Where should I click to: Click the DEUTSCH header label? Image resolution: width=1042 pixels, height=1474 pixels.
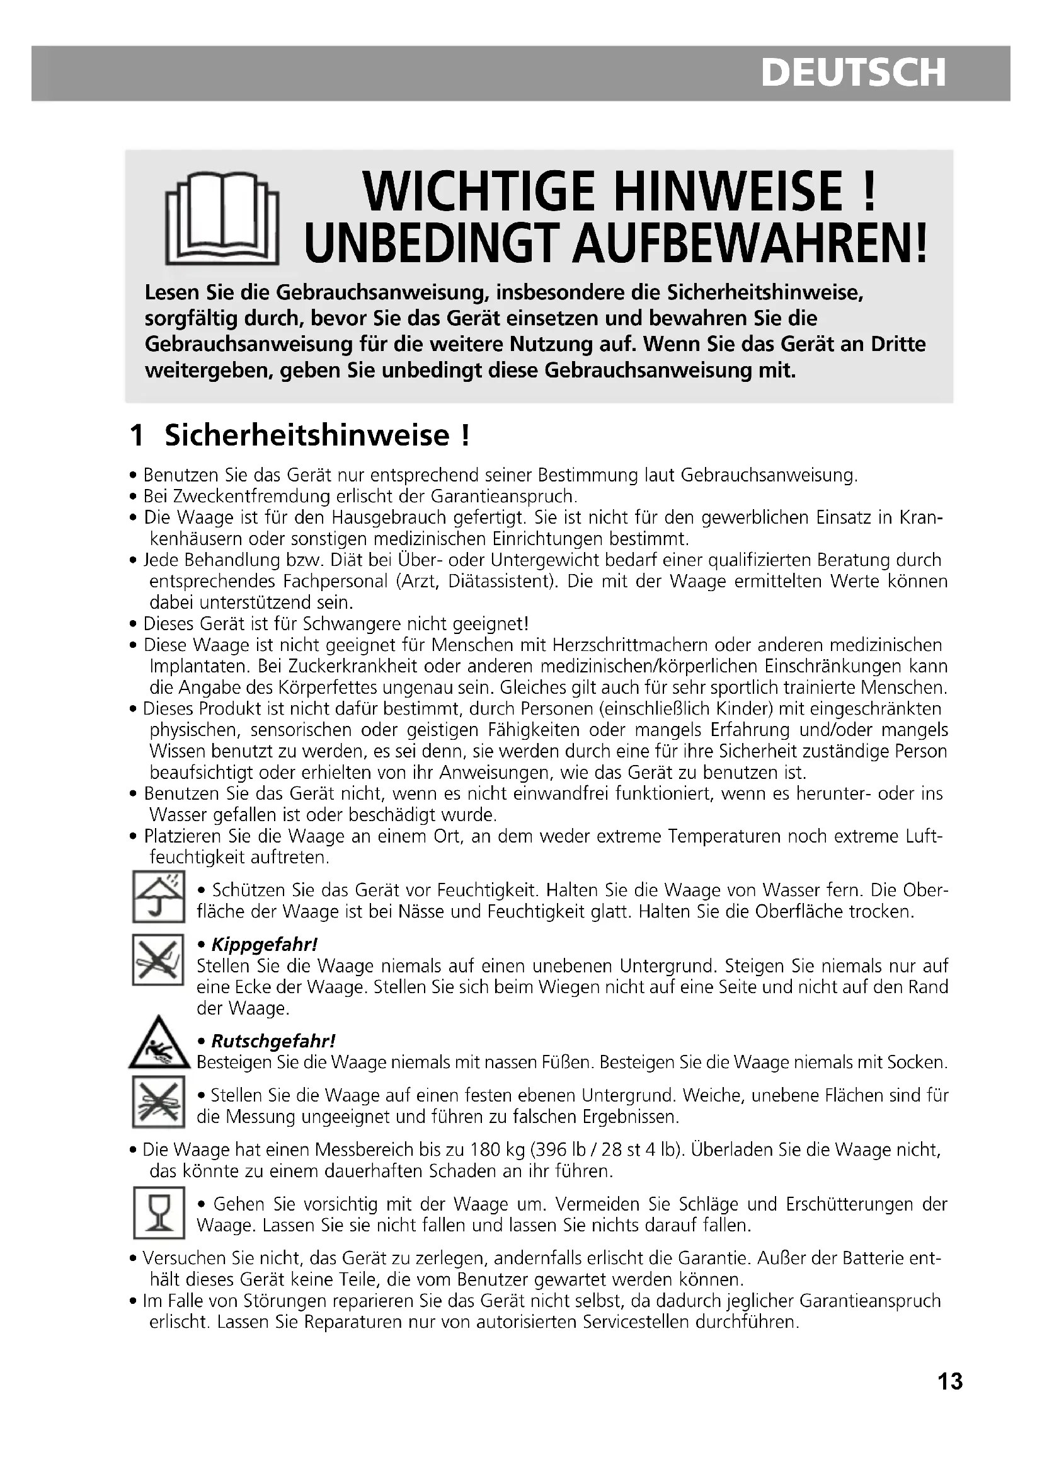(x=853, y=72)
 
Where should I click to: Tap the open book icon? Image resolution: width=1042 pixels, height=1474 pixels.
(x=221, y=217)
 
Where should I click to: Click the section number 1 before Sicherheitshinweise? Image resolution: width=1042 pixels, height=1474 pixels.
(x=137, y=435)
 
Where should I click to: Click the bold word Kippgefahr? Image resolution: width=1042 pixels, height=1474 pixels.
(x=265, y=945)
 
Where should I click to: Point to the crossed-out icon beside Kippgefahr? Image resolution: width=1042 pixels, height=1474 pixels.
(x=158, y=959)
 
